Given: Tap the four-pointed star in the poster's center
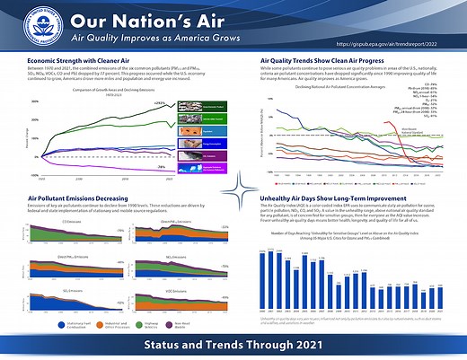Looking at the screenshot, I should coord(233,189).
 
